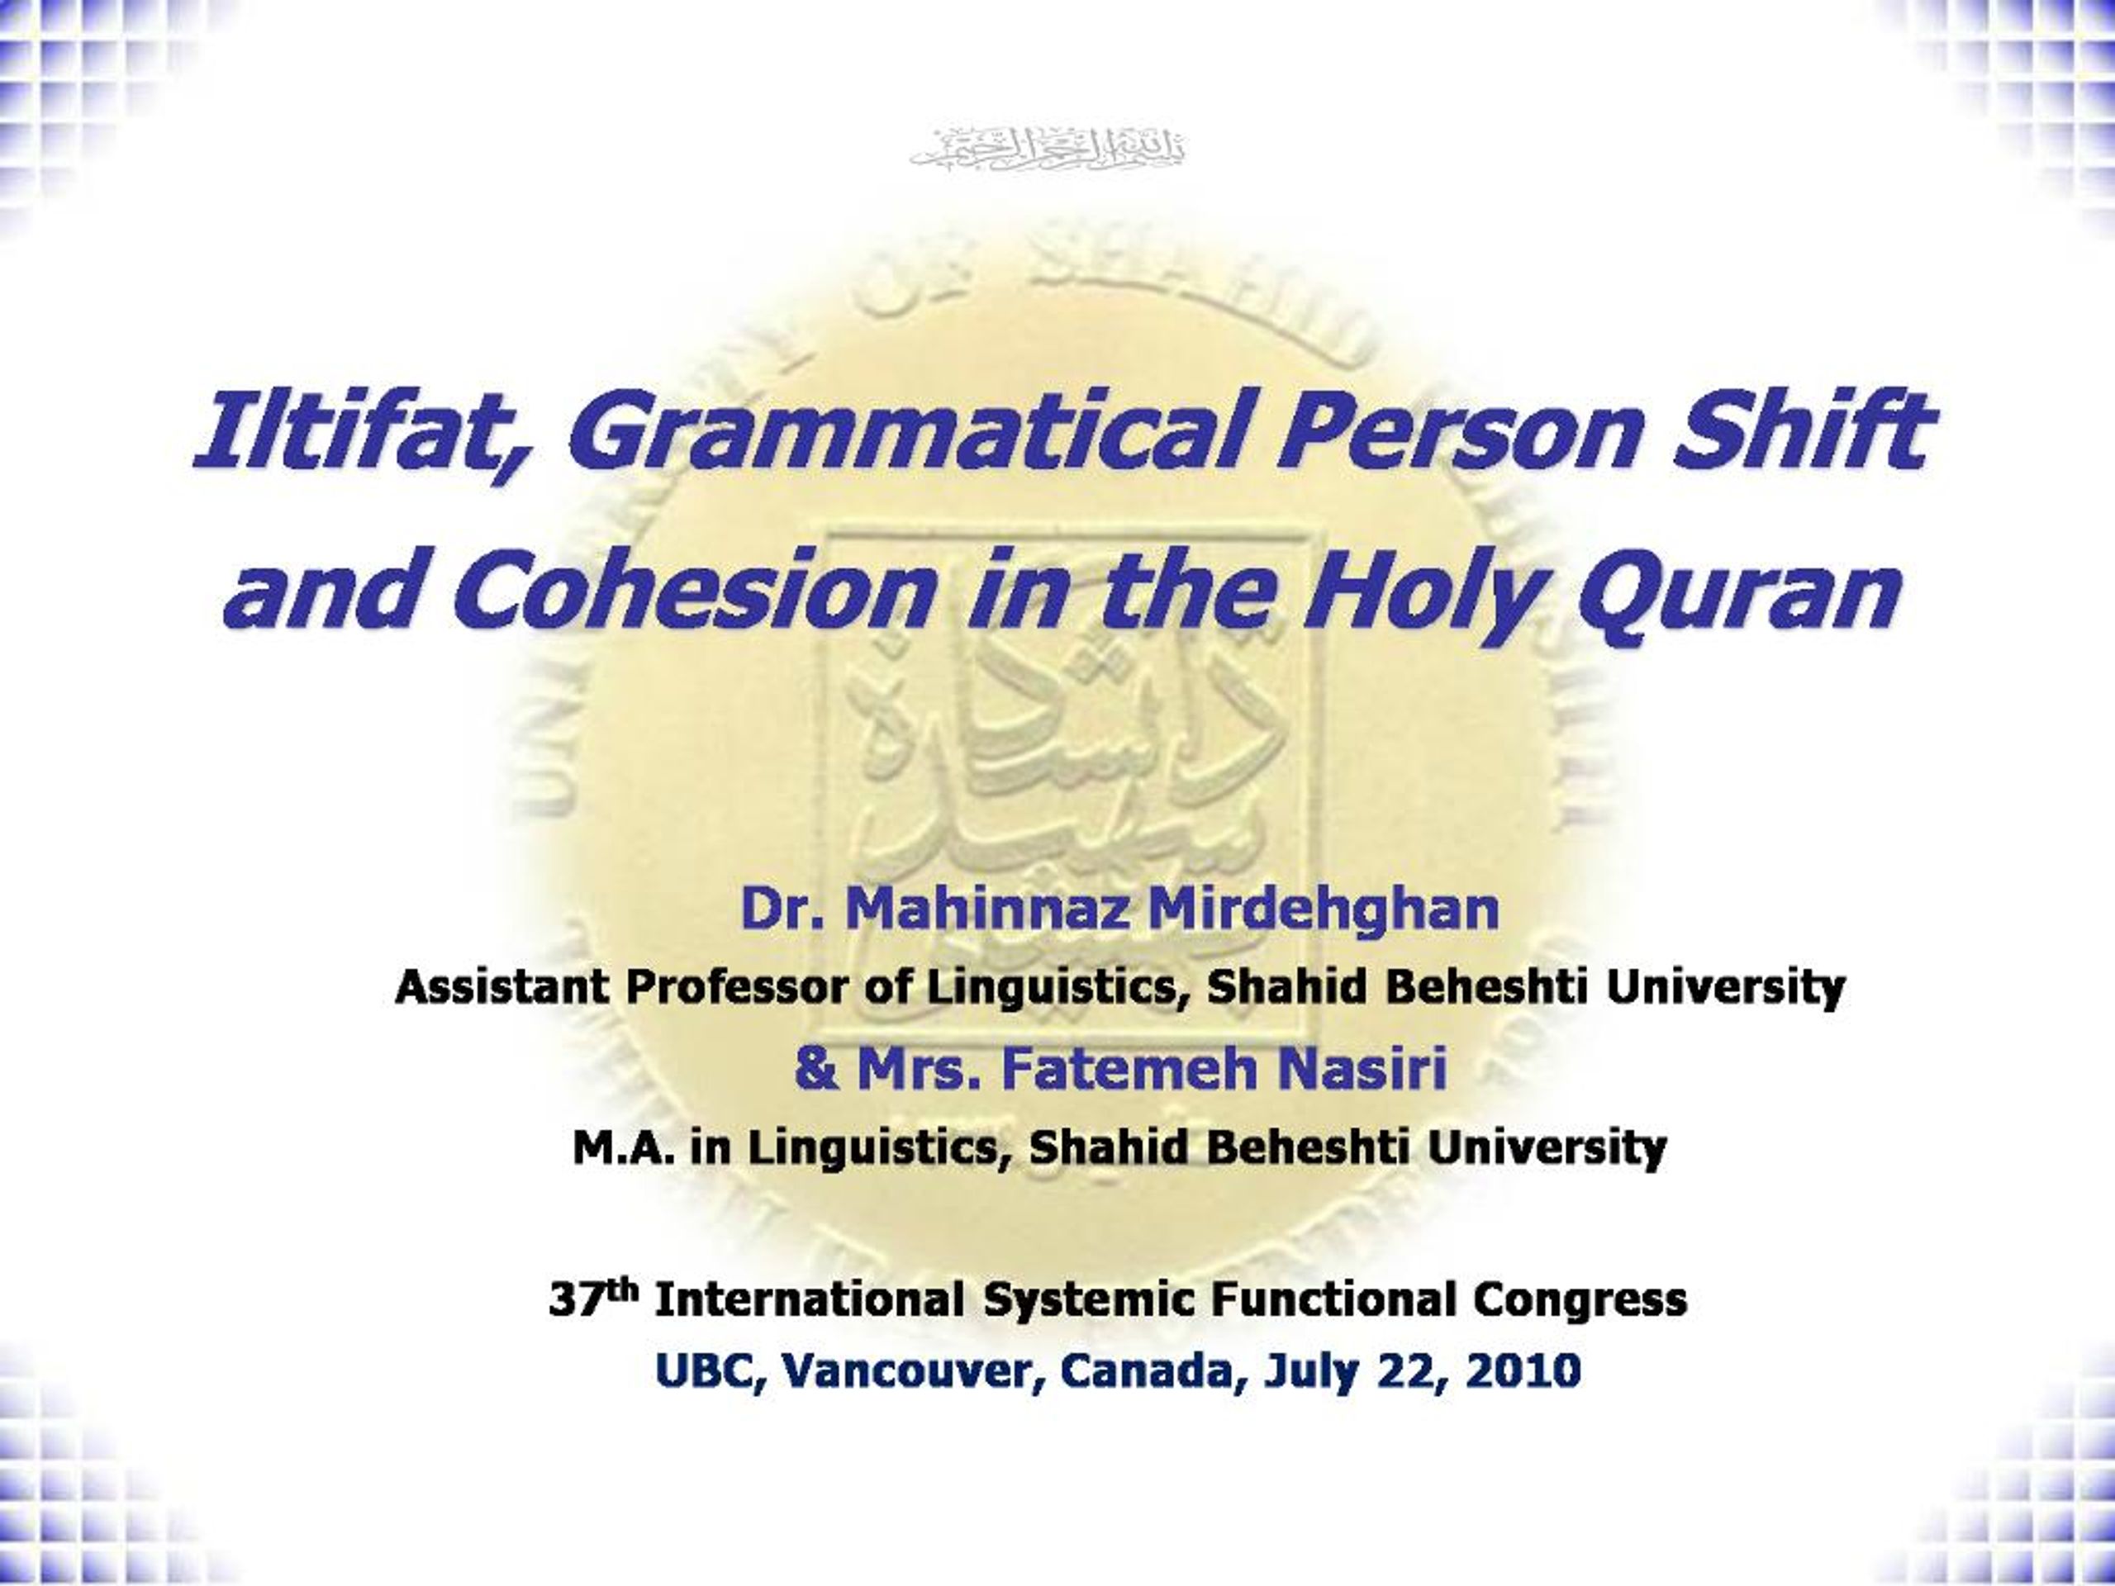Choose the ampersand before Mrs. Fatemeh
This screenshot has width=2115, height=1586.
(x=814, y=1069)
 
